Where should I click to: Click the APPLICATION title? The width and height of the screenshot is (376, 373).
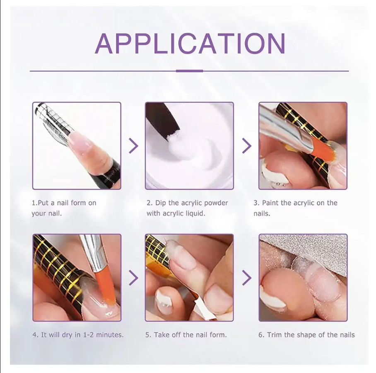190,44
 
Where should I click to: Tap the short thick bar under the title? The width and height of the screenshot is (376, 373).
189,71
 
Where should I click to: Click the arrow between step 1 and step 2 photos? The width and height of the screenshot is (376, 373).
134,146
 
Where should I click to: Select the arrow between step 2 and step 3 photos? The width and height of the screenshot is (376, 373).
247,146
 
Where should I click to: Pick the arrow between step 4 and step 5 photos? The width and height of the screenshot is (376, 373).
134,278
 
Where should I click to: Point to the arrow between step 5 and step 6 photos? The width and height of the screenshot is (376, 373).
247,278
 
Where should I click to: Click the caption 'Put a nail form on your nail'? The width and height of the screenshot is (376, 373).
64,208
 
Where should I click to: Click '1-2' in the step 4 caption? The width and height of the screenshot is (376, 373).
88,334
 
